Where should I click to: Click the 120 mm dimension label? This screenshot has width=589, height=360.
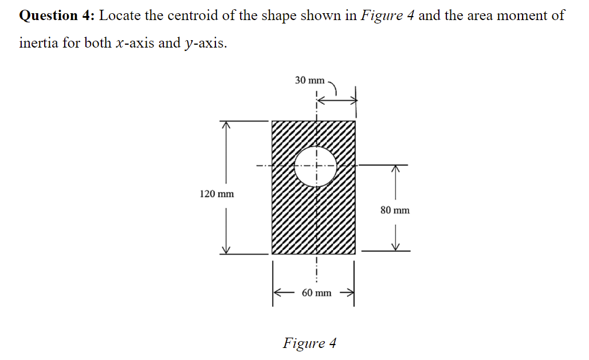217,194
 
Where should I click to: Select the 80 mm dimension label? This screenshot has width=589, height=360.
395,210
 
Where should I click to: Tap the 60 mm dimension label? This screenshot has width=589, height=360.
316,293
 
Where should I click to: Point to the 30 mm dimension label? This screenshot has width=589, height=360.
309,80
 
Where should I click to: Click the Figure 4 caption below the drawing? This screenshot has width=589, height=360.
309,343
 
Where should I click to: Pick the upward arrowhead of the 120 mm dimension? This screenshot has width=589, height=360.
226,124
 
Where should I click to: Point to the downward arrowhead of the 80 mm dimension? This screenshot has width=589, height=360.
395,246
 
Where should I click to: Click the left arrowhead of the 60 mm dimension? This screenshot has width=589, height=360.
277,293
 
